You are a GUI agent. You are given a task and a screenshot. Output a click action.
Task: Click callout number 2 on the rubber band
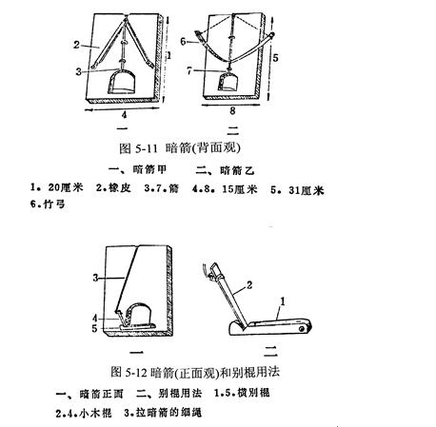[76, 45]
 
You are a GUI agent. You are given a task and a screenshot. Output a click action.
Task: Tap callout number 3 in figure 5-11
[78, 71]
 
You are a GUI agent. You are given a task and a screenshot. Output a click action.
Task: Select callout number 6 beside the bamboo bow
[183, 41]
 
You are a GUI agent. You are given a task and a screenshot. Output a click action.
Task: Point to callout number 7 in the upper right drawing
[189, 70]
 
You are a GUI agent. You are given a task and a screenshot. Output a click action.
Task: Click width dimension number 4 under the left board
[124, 115]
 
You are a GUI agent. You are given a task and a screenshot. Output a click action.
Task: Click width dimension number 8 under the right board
[232, 110]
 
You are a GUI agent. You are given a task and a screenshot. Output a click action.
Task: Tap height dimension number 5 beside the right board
[275, 58]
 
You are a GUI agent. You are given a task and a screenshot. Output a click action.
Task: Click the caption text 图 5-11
[138, 148]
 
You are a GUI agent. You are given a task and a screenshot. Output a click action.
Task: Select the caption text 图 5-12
[128, 372]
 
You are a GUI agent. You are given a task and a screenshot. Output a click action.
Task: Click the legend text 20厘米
[66, 187]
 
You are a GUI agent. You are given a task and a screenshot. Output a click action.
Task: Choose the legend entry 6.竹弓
[48, 204]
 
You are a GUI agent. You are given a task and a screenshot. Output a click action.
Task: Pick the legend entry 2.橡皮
[113, 188]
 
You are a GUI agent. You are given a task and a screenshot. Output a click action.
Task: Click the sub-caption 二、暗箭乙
[225, 171]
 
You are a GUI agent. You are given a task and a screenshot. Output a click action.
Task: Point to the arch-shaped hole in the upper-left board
[122, 83]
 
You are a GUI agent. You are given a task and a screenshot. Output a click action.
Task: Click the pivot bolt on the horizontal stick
[302, 329]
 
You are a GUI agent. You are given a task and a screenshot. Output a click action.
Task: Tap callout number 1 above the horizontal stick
[282, 301]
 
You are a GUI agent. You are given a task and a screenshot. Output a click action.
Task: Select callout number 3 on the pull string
[95, 278]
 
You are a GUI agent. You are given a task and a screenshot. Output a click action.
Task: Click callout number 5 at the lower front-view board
[94, 329]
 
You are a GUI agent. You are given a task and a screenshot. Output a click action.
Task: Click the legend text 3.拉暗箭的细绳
[163, 413]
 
